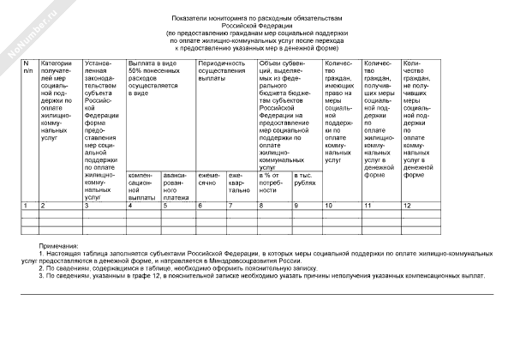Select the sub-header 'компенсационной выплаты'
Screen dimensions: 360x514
coord(141,186)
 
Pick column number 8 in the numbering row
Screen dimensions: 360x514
coord(261,206)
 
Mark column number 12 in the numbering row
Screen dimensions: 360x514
coord(408,206)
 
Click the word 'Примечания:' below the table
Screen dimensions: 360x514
coord(56,246)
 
